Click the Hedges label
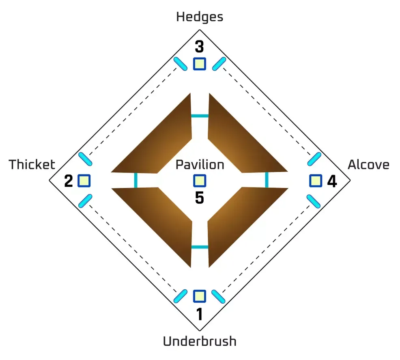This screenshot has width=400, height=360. coord(200,17)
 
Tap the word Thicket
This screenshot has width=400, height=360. coord(32,164)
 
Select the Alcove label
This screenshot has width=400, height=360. coord(369,164)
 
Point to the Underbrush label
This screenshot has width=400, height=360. coord(200,341)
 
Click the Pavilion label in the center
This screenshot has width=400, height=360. coord(200,164)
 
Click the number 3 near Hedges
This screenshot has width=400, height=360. coord(200,47)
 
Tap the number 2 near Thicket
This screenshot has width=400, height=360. coord(69,181)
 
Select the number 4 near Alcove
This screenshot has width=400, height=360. coord(332,181)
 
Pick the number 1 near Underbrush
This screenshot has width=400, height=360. coord(200,314)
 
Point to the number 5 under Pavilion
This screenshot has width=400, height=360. coord(200,198)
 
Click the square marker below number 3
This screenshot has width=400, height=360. coord(200,64)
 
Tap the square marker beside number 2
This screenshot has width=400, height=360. coord(84,181)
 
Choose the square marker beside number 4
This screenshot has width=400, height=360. coord(316,181)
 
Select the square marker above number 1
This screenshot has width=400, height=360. coord(200,296)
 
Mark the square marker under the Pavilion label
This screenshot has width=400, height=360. coord(200,181)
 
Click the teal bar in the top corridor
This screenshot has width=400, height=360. coord(200,116)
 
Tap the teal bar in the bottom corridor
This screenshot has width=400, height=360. coord(200,247)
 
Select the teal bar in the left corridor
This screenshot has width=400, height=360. coord(136,180)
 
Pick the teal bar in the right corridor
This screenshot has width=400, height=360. coord(267,180)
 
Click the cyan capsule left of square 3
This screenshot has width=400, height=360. coord(181,64)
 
